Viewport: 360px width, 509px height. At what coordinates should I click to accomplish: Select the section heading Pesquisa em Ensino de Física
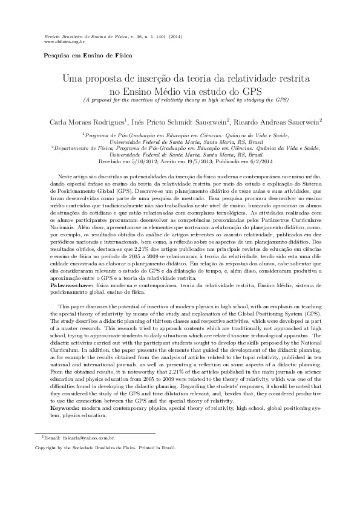(x=84, y=56)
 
